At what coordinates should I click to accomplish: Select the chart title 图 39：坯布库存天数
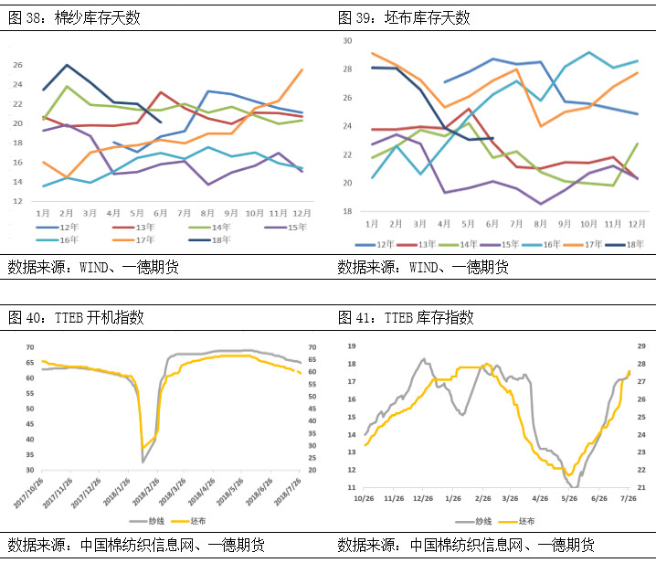[x=403, y=16]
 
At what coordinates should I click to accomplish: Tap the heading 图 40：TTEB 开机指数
[x=75, y=317]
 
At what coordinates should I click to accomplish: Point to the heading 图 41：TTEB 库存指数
[x=406, y=317]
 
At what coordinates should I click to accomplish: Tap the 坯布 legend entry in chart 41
[x=524, y=520]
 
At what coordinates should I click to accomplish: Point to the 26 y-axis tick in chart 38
[x=17, y=65]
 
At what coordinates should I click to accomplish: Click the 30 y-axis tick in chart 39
[x=346, y=41]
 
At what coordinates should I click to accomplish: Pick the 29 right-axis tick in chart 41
[x=641, y=346]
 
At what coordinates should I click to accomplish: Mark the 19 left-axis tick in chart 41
[x=352, y=346]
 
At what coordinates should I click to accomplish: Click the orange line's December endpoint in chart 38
[x=302, y=69]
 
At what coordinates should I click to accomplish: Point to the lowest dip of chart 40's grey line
[x=143, y=462]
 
